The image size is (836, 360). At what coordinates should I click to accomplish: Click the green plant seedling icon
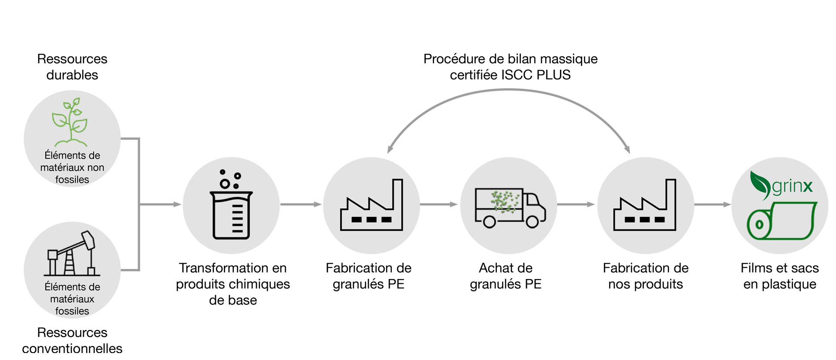70,122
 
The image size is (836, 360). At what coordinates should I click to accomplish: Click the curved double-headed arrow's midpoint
509,90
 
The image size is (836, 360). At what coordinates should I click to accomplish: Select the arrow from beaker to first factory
300,204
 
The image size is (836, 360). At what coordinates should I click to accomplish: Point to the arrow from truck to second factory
576,204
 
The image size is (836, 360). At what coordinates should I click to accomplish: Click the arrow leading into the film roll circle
713,204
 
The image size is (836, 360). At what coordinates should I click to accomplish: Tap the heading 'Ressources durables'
72,67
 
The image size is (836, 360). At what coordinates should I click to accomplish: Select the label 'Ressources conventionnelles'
72,340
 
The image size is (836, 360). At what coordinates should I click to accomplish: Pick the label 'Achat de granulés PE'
506,276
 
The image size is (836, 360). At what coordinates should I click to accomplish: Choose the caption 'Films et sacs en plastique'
780,276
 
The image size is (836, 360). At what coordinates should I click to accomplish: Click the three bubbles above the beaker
230,179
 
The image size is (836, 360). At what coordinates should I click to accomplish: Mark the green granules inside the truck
505,201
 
